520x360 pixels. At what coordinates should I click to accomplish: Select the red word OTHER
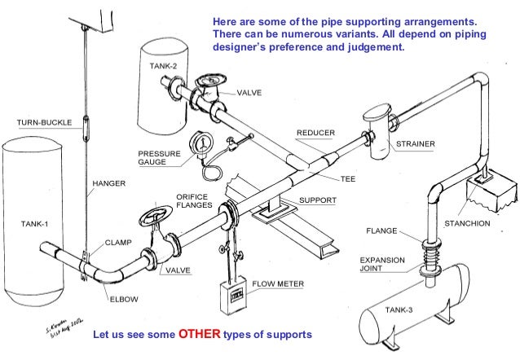(x=199, y=335)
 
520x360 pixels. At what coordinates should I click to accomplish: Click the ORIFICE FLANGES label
(x=194, y=201)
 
